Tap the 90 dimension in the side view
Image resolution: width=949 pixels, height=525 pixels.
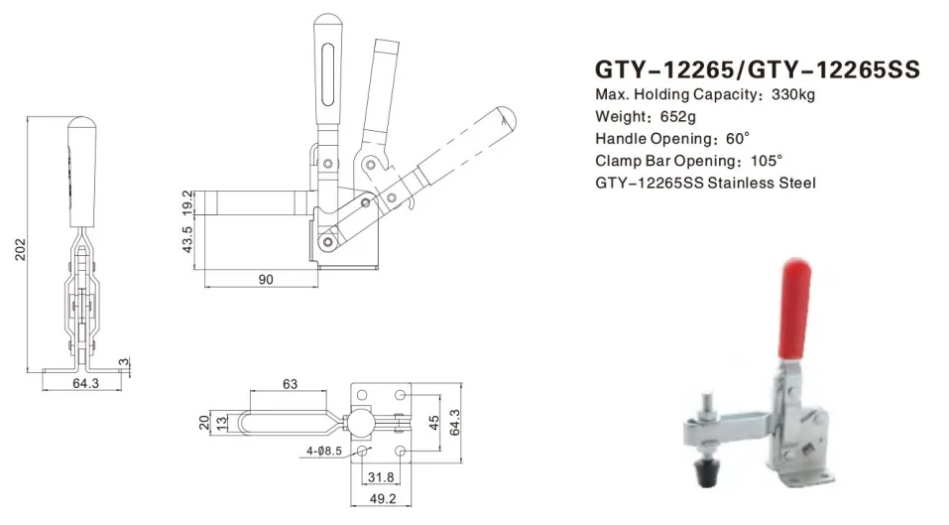click(265, 280)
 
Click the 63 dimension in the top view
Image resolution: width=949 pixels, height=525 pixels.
click(290, 383)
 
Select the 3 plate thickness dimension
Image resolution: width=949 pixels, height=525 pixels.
click(124, 361)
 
